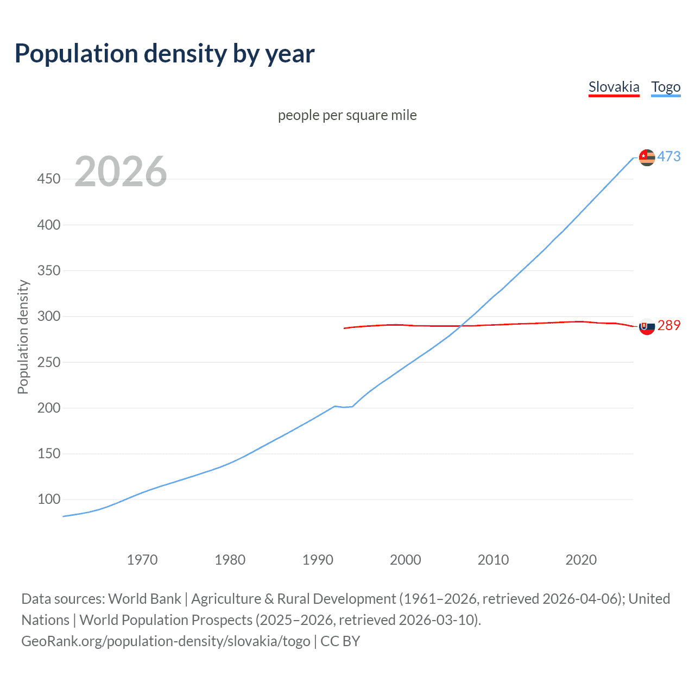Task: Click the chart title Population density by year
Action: click(x=165, y=54)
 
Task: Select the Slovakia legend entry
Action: click(x=614, y=87)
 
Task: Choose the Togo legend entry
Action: click(x=666, y=87)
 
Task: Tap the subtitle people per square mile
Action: click(x=347, y=115)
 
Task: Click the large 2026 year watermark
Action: click(x=121, y=172)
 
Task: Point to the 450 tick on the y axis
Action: click(x=49, y=179)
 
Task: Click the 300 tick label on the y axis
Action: click(x=49, y=316)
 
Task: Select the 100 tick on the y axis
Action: click(x=49, y=499)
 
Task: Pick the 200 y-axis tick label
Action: click(x=49, y=408)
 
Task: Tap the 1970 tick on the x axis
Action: click(x=142, y=560)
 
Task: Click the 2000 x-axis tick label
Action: click(x=406, y=560)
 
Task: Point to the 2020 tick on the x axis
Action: click(x=581, y=560)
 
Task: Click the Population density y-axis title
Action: click(x=23, y=337)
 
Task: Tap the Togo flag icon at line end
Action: click(x=647, y=157)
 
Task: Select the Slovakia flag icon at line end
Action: click(x=647, y=326)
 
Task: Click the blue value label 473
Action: click(x=669, y=156)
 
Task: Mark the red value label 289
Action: click(x=669, y=325)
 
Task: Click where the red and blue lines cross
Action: click(x=461, y=326)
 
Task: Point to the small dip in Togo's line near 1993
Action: click(x=344, y=407)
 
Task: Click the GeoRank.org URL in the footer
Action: click(x=166, y=641)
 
